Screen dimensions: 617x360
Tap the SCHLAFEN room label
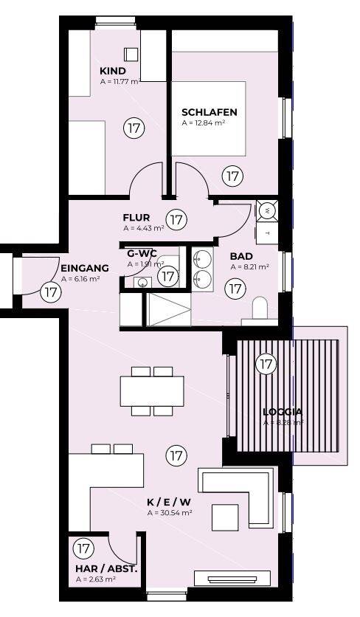(x=210, y=112)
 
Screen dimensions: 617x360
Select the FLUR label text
(x=136, y=218)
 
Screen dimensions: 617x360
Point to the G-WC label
(x=141, y=252)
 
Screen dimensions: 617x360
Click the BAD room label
(x=241, y=256)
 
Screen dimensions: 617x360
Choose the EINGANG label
(x=85, y=269)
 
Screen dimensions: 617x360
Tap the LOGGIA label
(x=283, y=413)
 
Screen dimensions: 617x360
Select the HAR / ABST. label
(x=106, y=569)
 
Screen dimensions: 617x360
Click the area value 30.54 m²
(x=170, y=511)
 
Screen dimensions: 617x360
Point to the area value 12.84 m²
(x=204, y=123)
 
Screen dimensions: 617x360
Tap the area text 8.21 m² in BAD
(x=249, y=266)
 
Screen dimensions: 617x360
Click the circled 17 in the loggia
(x=266, y=363)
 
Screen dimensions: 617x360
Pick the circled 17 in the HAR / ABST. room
(x=83, y=549)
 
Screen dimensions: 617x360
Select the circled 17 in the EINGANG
(x=50, y=292)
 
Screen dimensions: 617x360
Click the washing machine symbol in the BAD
(x=267, y=211)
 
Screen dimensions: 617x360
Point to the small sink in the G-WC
(x=142, y=282)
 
